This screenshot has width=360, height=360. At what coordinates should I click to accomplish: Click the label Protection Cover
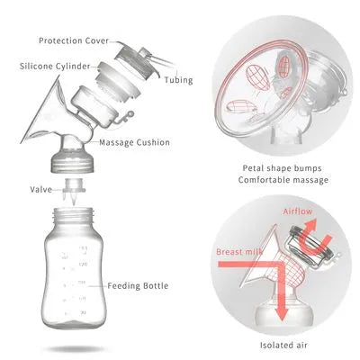coord(74,40)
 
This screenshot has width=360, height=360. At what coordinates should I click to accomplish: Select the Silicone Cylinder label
coord(55,66)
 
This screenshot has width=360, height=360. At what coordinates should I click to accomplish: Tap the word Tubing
coord(178,80)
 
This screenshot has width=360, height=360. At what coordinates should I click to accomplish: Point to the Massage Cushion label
coord(134,142)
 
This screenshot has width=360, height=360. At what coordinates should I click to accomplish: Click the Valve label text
coord(40,190)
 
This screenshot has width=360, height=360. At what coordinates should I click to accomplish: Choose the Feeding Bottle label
coord(138,286)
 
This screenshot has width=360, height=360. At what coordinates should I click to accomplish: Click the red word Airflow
coord(298,211)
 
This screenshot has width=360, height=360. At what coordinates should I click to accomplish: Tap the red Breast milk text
coord(239,252)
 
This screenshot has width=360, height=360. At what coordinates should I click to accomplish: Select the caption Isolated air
coord(283,346)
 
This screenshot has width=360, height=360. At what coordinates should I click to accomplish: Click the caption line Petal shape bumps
coord(282,168)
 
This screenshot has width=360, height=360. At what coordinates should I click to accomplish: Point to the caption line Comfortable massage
coord(283,180)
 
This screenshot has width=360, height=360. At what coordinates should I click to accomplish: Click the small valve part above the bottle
coord(74,192)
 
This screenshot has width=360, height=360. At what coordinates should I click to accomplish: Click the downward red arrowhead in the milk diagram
coord(282,315)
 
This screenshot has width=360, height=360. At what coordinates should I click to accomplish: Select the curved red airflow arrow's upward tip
coord(312,223)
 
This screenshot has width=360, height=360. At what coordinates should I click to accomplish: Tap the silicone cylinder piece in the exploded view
coord(118,80)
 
